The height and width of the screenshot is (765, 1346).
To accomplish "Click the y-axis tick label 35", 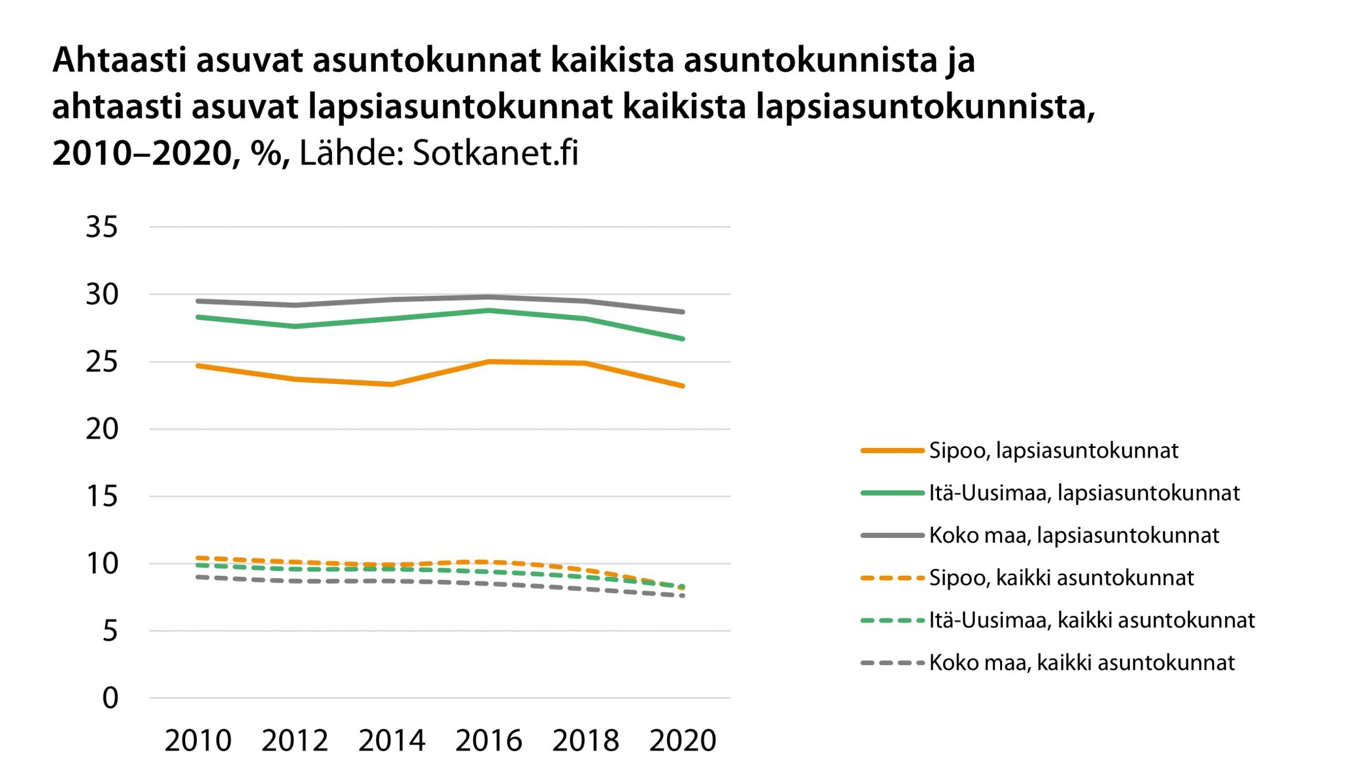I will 101,228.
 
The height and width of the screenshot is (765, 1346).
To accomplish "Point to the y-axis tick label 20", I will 101,430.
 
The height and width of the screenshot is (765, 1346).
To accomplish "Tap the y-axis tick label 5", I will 110,631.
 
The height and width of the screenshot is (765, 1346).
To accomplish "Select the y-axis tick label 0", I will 110,698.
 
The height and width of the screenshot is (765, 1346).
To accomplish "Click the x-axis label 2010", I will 198,741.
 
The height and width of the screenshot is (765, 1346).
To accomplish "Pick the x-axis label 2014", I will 392,741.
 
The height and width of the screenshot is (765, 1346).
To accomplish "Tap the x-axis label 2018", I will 586,741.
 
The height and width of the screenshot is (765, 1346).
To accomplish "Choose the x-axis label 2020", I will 682,741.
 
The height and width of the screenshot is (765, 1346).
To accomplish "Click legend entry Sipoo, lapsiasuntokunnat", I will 1053,451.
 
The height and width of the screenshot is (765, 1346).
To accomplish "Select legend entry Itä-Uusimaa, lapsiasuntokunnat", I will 1084,493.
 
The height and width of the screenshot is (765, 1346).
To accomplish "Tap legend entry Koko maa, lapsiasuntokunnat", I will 1074,536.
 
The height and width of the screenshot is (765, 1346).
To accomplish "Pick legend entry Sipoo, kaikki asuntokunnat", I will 1061,578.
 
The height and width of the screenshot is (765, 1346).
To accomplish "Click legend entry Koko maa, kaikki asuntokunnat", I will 1082,663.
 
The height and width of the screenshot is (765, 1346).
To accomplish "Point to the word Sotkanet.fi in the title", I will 495,154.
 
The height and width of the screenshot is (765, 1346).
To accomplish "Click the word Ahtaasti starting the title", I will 120,60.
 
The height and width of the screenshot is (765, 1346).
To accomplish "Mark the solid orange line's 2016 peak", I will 489,362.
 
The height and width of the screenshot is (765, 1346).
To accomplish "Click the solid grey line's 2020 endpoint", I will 682,312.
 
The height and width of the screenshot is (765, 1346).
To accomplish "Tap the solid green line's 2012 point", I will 295,327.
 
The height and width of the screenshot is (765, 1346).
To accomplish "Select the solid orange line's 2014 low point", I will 392,384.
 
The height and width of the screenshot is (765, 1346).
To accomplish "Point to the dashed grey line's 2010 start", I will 198,577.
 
